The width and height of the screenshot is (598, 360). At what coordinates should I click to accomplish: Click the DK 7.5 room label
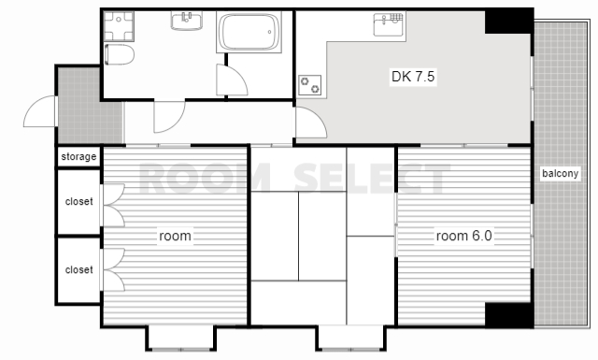413,77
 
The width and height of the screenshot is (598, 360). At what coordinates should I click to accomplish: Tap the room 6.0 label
463,236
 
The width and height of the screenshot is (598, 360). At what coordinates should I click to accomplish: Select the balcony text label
561,174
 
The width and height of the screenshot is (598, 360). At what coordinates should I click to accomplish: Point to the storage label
78,156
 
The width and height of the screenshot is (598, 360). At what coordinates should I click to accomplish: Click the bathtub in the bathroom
249,32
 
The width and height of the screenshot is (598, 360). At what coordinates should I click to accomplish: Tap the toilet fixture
119,54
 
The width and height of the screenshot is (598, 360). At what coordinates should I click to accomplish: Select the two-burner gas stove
309,85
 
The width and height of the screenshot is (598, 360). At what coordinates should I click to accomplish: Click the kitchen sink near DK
389,24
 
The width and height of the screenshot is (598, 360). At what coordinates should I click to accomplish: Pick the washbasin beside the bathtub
187,21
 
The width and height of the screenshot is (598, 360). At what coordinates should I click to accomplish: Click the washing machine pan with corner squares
119,26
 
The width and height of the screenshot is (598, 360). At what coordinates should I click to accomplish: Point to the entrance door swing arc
40,111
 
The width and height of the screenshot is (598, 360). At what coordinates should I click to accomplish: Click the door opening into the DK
311,122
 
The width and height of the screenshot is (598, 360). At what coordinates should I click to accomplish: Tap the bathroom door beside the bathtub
232,79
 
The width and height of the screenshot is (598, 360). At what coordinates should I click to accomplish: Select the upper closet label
78,201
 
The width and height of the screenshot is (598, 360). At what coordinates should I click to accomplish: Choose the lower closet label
78,269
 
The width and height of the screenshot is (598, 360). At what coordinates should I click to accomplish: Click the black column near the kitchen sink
508,22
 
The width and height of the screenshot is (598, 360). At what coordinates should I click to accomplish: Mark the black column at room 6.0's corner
508,315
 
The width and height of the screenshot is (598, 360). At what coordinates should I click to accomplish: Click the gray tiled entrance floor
90,106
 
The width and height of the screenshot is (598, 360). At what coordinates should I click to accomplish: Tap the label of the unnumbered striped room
175,236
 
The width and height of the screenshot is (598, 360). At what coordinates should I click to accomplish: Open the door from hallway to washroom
169,117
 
